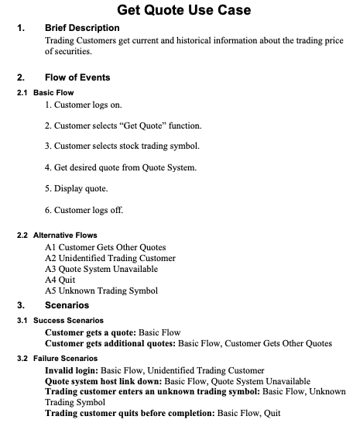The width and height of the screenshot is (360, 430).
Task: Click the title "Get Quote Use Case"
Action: [x=183, y=10]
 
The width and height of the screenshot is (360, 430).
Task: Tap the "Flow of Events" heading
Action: [x=77, y=77]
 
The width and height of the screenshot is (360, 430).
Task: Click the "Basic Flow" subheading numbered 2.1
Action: [x=53, y=92]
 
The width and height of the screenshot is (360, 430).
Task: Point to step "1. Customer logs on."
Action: [x=84, y=105]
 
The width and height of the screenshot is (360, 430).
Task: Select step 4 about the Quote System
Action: [x=120, y=167]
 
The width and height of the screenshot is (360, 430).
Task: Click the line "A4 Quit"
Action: [x=63, y=280]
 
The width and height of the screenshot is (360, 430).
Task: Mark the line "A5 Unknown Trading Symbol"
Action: [x=101, y=291]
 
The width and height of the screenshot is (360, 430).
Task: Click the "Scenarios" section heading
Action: [x=67, y=305]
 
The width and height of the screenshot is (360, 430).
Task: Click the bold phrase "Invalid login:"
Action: [x=72, y=370]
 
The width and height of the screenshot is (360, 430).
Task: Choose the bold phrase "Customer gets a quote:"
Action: [x=89, y=332]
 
